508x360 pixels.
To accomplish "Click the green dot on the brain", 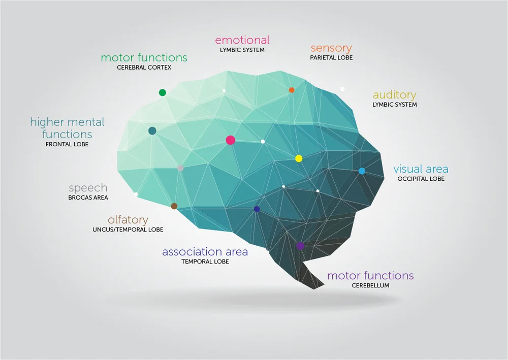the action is coord(163,92).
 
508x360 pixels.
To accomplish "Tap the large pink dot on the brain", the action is coord(230,140).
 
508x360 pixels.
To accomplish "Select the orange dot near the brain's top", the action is coord(292,90).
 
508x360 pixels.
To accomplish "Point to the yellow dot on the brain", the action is coord(299,158).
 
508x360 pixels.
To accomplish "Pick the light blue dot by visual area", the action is coord(362,171).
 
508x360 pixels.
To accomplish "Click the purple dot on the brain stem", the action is coord(300,246).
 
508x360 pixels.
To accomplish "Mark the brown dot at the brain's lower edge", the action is coord(174,206).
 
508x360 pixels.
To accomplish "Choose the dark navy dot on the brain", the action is coord(257,209).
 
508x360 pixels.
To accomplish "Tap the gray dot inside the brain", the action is coord(180,168).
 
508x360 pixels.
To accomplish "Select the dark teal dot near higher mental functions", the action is coord(152,131).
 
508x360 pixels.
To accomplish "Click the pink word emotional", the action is coord(242,40).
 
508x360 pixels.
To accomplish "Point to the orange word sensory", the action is coord(331,48).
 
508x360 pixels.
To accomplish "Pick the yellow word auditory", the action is coord(394,95).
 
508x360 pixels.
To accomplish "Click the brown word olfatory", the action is coord(128,220).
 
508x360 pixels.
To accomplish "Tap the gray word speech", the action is coord(88,188).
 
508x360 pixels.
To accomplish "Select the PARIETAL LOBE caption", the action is coord(331,58).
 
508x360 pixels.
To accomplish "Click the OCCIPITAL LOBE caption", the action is coord(421,179).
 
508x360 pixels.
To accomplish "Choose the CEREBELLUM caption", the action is coord(370,285).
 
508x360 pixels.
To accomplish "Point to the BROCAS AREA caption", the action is coord(88,198).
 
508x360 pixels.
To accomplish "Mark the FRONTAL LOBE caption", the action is coord(67,144).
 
